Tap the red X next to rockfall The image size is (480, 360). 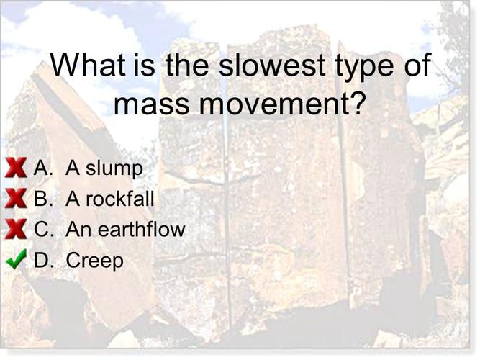(16, 199)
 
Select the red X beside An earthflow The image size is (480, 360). (16, 230)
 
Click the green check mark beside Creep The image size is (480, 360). (16, 259)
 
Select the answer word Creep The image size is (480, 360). (94, 261)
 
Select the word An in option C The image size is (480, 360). (77, 230)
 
